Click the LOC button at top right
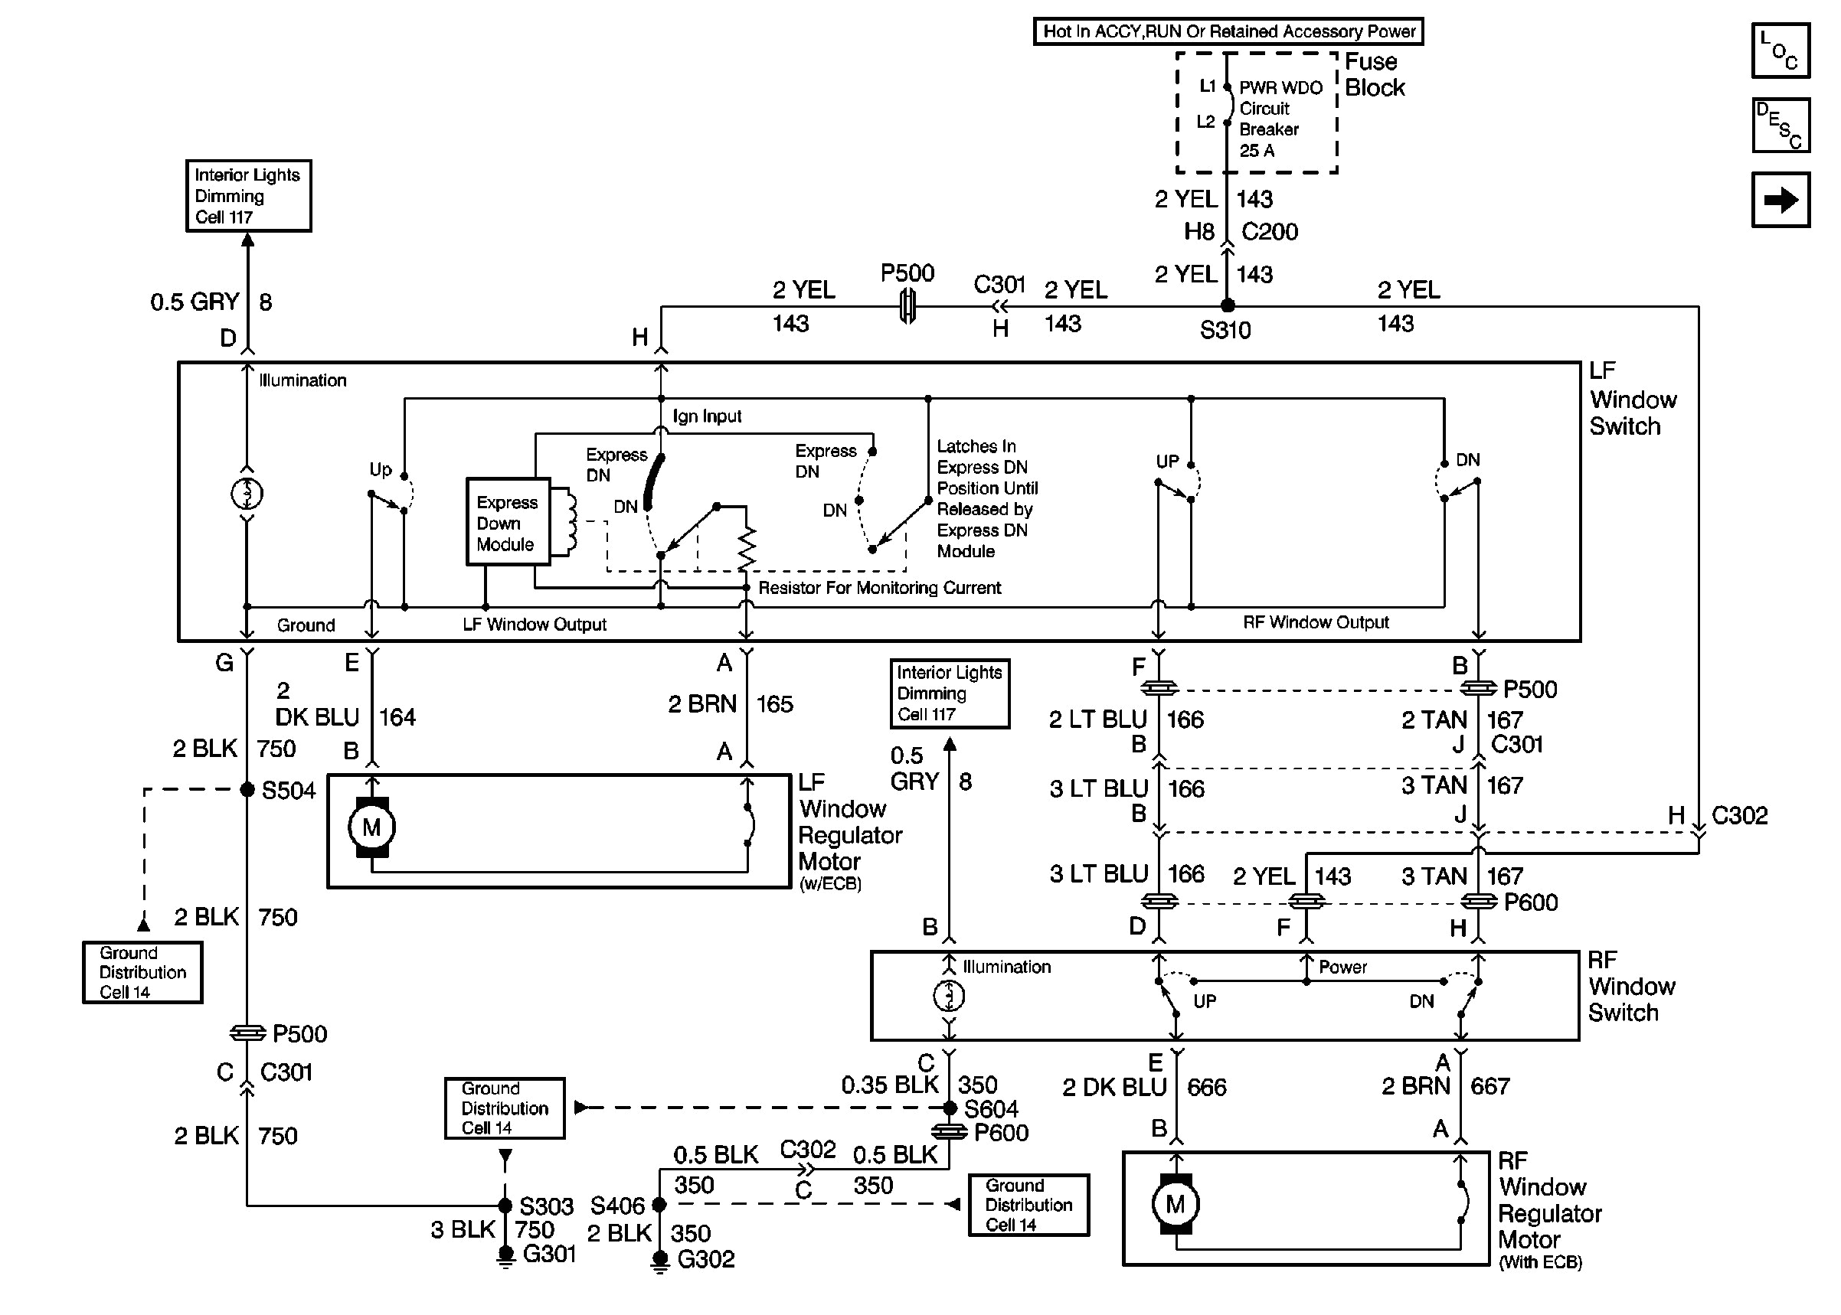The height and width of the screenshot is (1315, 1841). [1780, 51]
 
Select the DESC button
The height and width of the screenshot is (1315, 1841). [1780, 125]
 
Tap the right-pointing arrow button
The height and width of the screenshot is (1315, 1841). [1780, 199]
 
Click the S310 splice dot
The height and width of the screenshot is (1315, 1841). [1227, 305]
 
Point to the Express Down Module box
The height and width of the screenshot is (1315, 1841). [508, 522]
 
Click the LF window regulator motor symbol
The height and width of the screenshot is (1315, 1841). [371, 827]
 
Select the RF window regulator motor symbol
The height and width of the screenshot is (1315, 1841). [1176, 1204]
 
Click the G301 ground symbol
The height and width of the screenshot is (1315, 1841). [505, 1256]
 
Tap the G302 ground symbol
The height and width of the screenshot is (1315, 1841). [660, 1260]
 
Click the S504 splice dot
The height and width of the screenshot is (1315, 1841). [248, 789]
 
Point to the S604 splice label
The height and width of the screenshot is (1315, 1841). [990, 1108]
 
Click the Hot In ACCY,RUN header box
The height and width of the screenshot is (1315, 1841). [1228, 31]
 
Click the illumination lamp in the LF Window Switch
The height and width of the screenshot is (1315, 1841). [247, 493]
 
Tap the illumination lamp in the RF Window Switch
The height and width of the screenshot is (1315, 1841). [950, 996]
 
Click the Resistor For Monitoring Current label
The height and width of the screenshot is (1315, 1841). [879, 588]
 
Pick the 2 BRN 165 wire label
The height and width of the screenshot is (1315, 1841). [730, 703]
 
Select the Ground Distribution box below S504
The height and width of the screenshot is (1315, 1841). [142, 971]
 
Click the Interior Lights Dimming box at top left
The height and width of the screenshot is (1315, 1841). [248, 196]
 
